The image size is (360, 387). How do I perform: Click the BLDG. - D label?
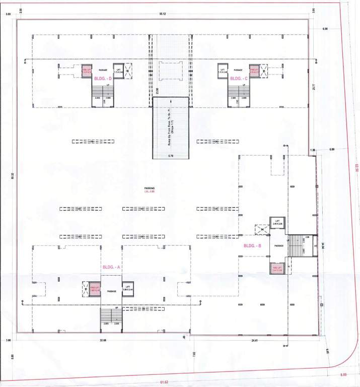pyautogui.click(x=103, y=79)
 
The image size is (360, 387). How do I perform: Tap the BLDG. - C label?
pyautogui.click(x=239, y=79)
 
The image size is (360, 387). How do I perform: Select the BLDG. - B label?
pyautogui.click(x=252, y=245)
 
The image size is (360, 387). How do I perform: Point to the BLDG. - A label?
pyautogui.click(x=111, y=267)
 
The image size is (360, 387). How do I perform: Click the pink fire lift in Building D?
pyautogui.click(x=87, y=71)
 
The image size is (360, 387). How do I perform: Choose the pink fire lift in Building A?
pyautogui.click(x=95, y=288)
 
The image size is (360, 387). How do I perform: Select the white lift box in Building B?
pyautogui.click(x=278, y=223)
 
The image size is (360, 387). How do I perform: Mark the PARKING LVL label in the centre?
pyautogui.click(x=149, y=189)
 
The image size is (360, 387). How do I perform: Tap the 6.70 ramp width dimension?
pyautogui.click(x=171, y=156)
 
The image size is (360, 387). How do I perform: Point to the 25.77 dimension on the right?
pyautogui.click(x=313, y=87)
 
